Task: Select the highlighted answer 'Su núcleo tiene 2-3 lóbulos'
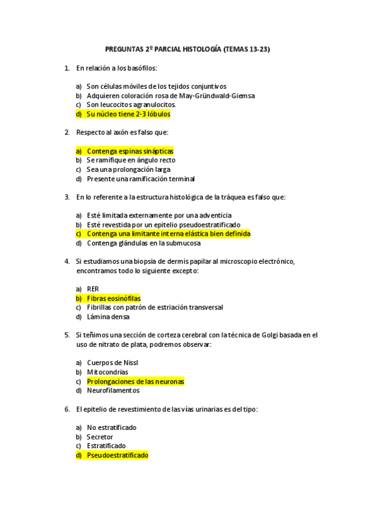click(x=128, y=114)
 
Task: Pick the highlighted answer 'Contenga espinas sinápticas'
click(x=130, y=151)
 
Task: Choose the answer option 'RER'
click(x=93, y=289)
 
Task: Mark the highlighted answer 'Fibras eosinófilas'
click(x=114, y=299)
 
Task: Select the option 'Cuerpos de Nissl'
click(x=113, y=363)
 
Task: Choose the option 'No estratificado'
click(x=111, y=427)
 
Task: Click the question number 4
click(x=66, y=261)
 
